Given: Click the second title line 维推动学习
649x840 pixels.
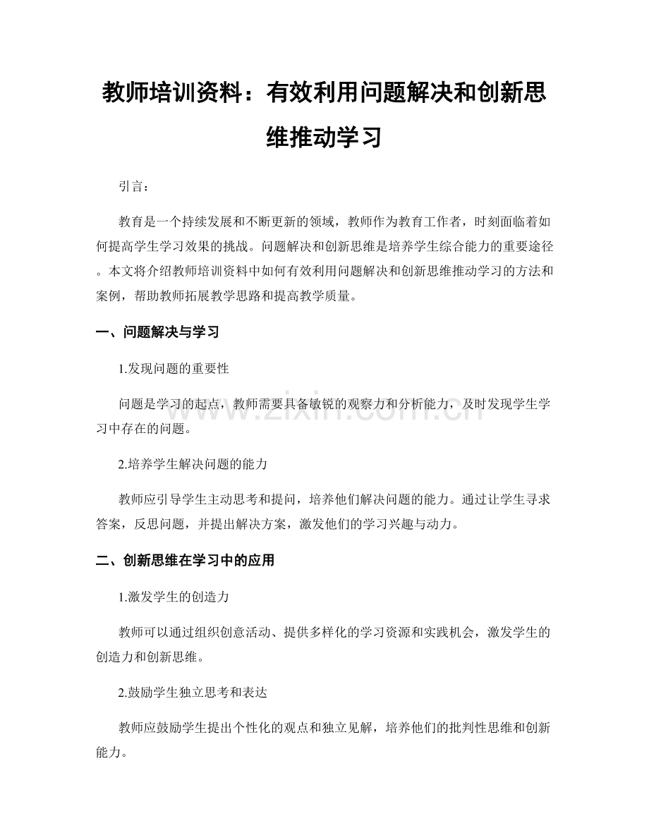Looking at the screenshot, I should [x=324, y=135].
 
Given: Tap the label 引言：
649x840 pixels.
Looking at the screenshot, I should [x=134, y=187].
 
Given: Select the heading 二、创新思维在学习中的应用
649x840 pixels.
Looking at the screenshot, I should [x=184, y=561].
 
